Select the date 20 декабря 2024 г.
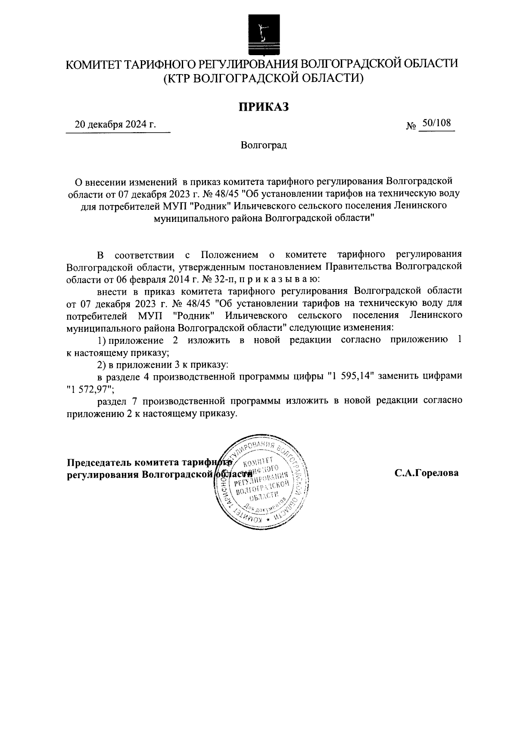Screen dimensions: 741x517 115,125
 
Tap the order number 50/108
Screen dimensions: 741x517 436,123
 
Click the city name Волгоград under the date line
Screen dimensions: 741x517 264,145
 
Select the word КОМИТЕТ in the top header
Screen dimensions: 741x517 93,64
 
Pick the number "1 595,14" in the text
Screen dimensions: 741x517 352,376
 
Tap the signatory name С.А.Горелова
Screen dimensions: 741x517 427,473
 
